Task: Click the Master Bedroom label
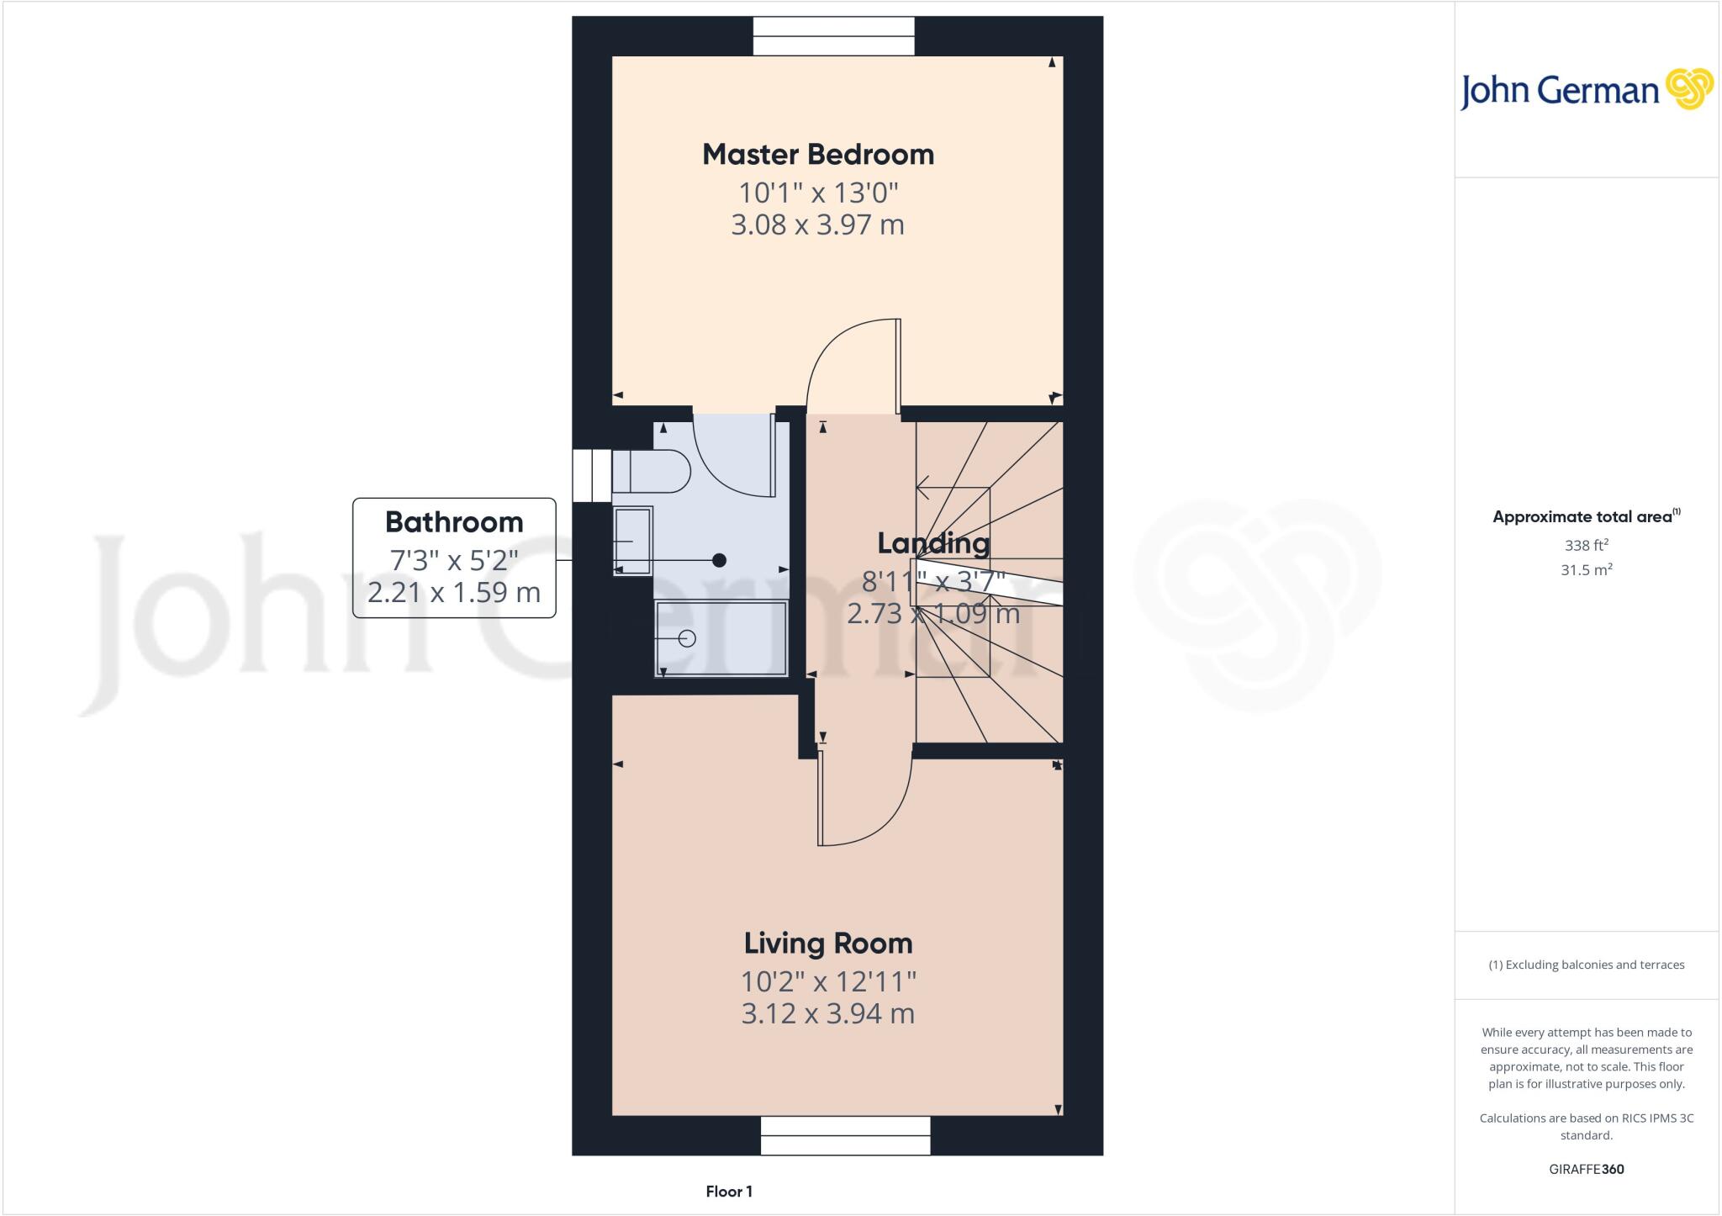point(818,155)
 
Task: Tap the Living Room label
point(828,944)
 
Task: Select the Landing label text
point(933,543)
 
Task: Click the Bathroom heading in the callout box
point(454,522)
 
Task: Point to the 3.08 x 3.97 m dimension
point(818,225)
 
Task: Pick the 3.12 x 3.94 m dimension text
point(828,1014)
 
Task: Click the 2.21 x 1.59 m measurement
point(454,593)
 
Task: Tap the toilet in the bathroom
point(652,472)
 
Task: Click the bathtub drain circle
point(687,638)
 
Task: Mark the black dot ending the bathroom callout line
point(719,560)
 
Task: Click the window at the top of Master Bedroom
point(833,37)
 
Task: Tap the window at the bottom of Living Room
point(845,1135)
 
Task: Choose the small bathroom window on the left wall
point(592,475)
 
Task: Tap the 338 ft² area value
point(1586,545)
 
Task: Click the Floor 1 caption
point(729,1192)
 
